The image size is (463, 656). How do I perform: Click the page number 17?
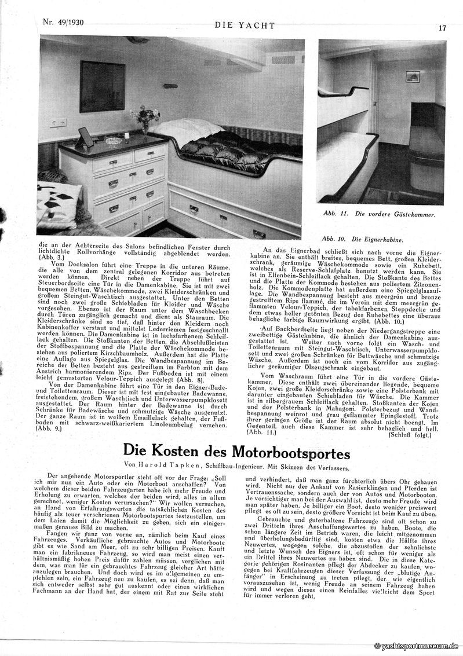coord(442,27)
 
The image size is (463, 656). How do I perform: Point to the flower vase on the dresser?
coord(145,118)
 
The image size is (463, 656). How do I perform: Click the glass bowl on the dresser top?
coord(112,141)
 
